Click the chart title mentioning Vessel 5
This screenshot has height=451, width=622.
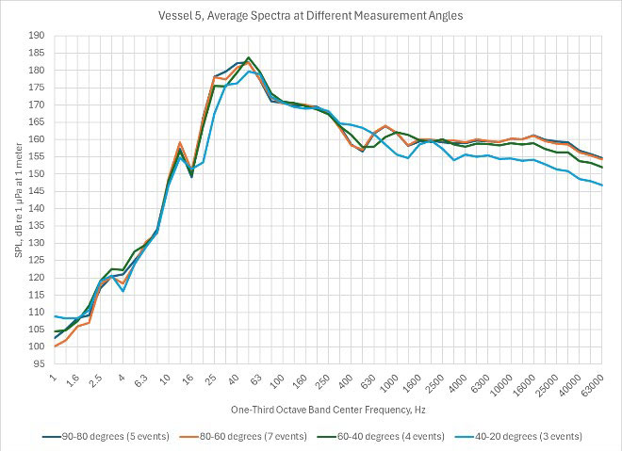(311, 16)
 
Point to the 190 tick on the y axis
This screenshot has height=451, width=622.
(36, 36)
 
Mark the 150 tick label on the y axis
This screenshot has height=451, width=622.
(36, 174)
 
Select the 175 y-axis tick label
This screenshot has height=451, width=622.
(36, 88)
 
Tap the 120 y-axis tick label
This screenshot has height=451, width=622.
(36, 278)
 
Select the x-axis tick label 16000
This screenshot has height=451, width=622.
(524, 381)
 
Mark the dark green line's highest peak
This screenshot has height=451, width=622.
(248, 57)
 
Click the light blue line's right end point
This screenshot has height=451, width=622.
(602, 185)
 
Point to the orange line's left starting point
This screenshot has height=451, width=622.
(56, 346)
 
